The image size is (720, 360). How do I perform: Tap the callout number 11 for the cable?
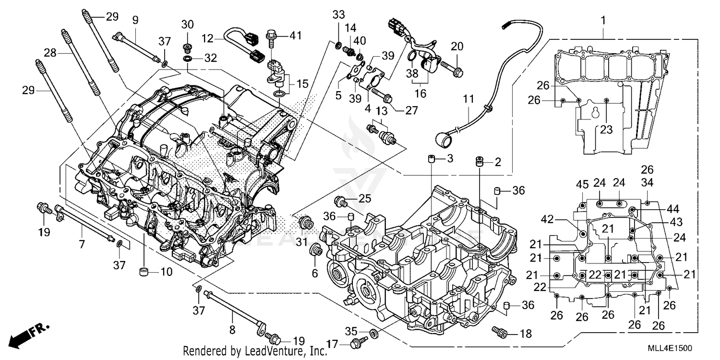click(468, 100)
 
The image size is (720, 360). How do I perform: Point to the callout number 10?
click(166, 273)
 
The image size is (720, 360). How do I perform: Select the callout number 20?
click(457, 46)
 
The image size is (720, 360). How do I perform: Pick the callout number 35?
click(351, 330)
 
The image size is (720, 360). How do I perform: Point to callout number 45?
click(582, 184)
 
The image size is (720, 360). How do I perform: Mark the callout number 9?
click(135, 20)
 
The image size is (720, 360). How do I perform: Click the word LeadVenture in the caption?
click(260, 351)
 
